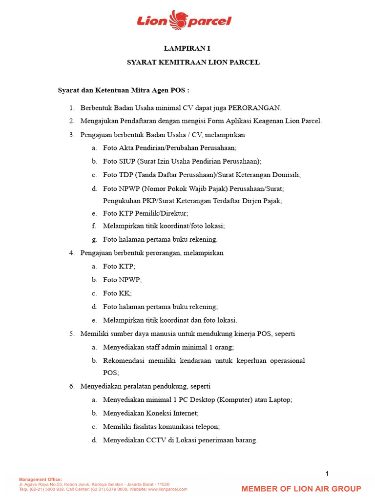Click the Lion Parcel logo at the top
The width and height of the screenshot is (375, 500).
pyautogui.click(x=184, y=20)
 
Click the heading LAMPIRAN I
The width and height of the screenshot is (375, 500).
pyautogui.click(x=187, y=49)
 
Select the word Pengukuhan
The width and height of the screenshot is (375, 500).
pyautogui.click(x=122, y=200)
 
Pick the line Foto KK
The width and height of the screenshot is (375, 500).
pyautogui.click(x=117, y=293)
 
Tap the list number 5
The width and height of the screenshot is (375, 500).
pyautogui.click(x=71, y=334)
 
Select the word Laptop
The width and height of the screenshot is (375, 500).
pyautogui.click(x=279, y=399)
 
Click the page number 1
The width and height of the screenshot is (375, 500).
pyautogui.click(x=327, y=474)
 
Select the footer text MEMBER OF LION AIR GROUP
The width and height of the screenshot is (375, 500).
pyautogui.click(x=301, y=489)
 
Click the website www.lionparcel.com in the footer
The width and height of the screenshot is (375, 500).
pyautogui.click(x=167, y=489)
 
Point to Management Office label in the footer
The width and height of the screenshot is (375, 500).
pyautogui.click(x=40, y=479)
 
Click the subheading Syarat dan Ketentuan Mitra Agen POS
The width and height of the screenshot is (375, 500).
pyautogui.click(x=124, y=90)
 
